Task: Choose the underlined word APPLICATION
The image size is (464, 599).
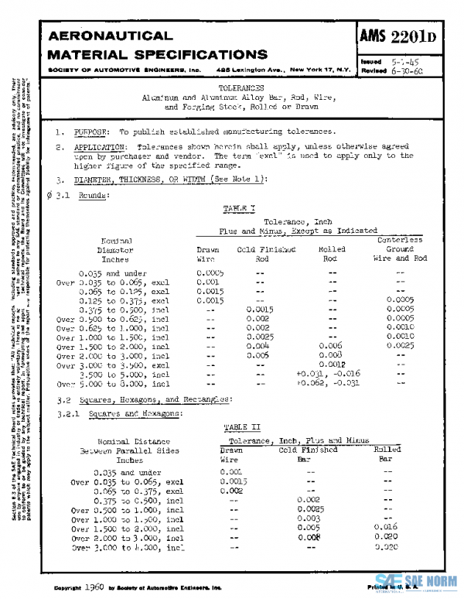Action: (103, 146)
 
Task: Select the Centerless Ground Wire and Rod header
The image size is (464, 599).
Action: (400, 249)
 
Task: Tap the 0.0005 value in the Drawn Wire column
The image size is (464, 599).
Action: (210, 273)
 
